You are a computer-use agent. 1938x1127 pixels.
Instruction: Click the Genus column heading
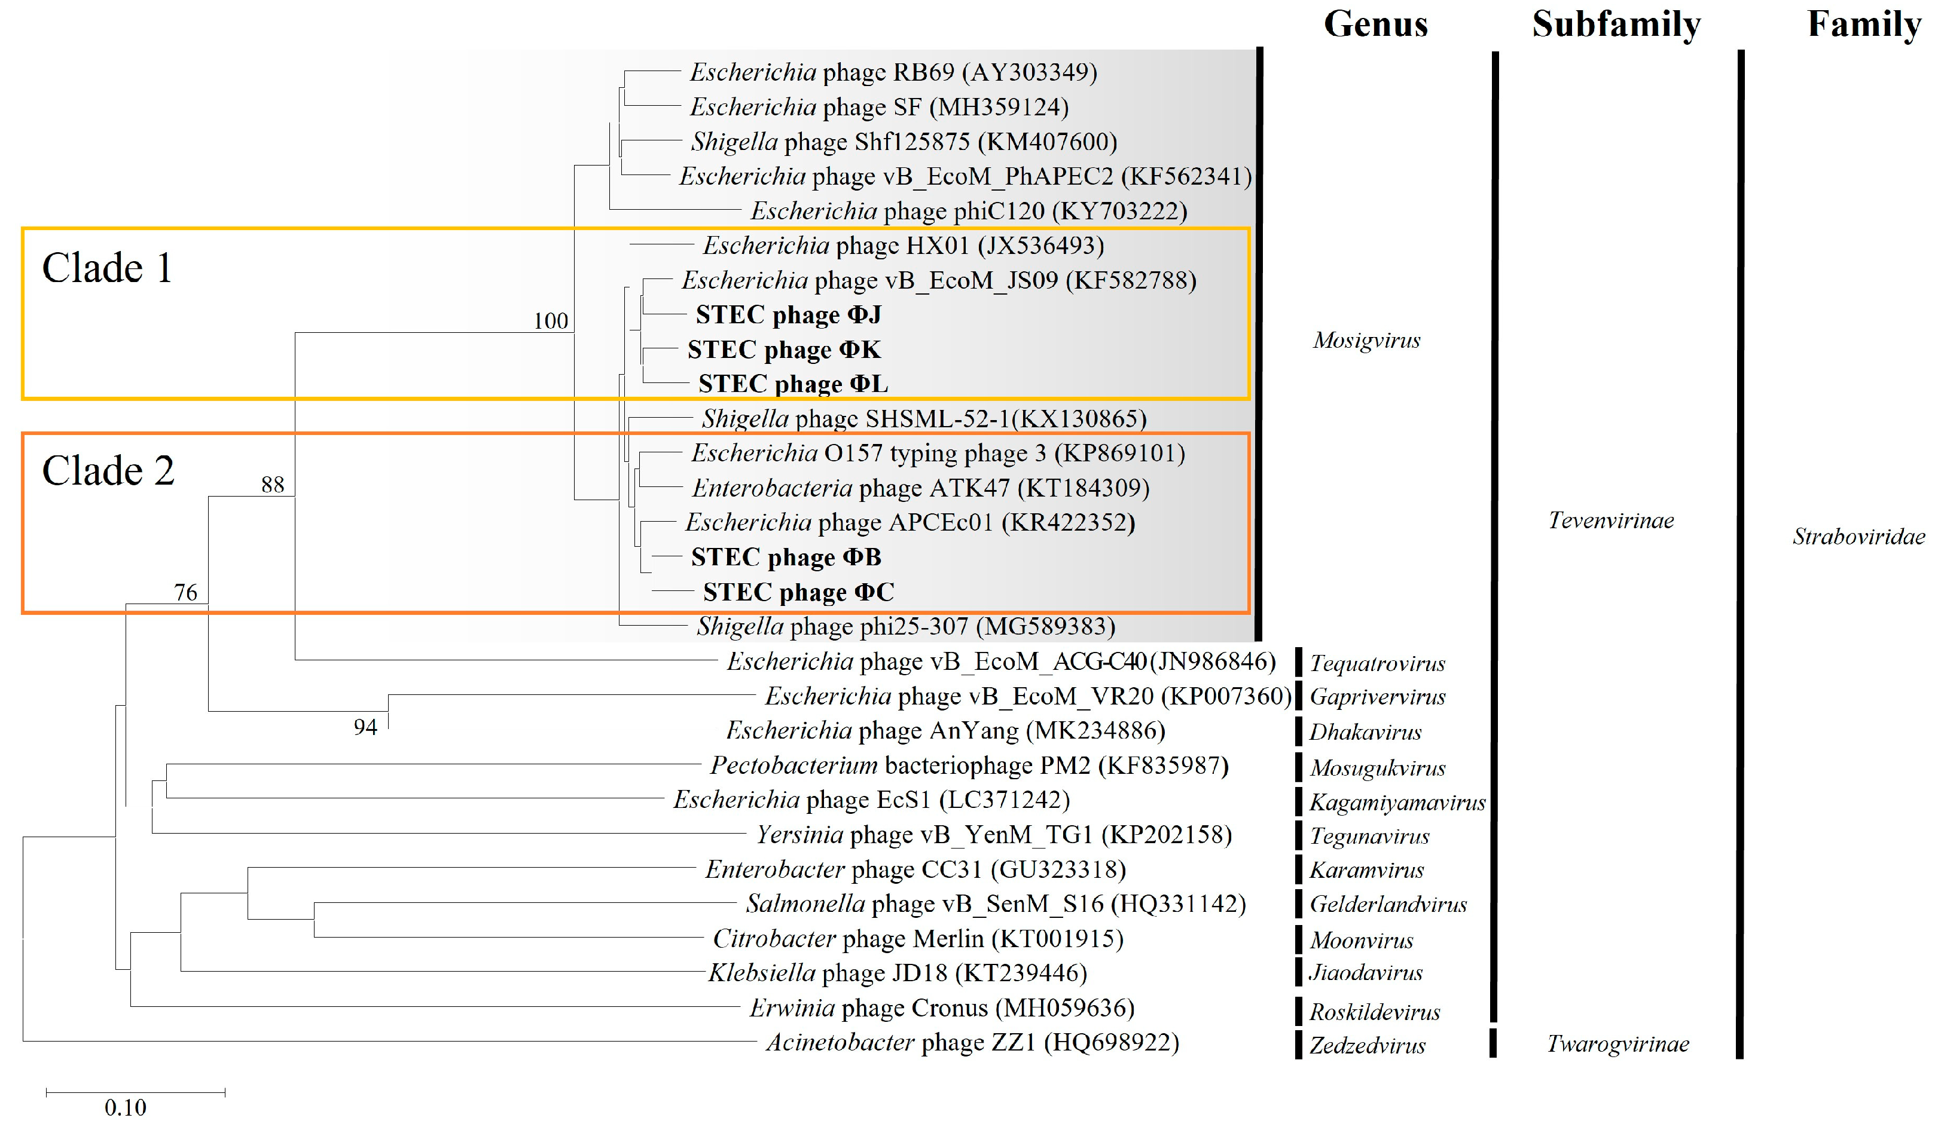point(1375,24)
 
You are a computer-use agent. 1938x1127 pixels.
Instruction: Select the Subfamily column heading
point(1616,24)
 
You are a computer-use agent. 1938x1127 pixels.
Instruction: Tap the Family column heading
point(1863,24)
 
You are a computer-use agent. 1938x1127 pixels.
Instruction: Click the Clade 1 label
point(108,268)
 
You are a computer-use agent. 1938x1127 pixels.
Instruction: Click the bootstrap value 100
point(551,320)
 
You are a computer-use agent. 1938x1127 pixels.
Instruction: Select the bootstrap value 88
point(272,484)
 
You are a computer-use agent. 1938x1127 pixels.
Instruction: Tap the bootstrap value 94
point(365,727)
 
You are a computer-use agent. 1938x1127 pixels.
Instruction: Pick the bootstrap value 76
point(185,592)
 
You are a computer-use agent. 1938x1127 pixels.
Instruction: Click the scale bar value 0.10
point(126,1108)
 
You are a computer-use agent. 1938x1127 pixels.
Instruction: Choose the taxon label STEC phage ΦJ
point(788,314)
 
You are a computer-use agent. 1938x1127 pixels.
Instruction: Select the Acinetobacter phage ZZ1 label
point(972,1042)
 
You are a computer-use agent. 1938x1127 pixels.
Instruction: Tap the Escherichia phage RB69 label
point(893,72)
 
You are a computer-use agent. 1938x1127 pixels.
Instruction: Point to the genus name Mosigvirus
point(1366,340)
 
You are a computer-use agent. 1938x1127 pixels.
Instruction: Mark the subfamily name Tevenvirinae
point(1611,520)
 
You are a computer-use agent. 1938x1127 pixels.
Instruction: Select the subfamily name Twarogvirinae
point(1618,1044)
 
